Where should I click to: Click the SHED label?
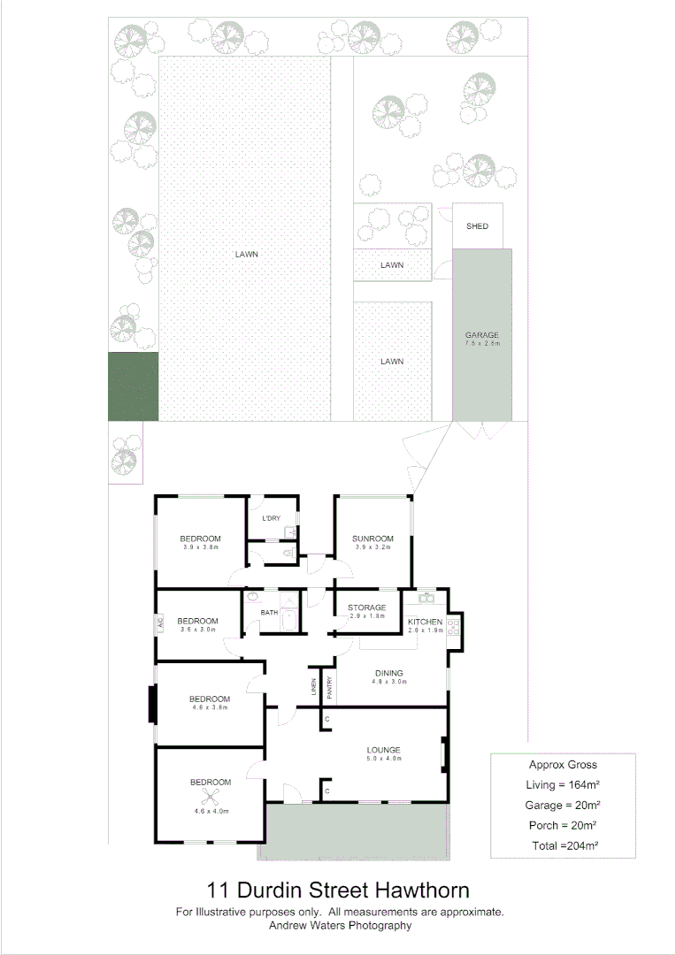coord(477,226)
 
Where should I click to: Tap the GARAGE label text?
coord(482,335)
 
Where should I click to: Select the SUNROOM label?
coord(372,538)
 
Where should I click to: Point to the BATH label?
coord(269,612)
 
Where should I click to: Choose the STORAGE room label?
coord(366,607)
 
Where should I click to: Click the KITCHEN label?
coord(425,623)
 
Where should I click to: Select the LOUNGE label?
coord(384,750)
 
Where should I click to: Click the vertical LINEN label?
coord(313,688)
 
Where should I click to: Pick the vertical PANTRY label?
coord(329,688)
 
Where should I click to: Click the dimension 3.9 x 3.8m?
coord(199,548)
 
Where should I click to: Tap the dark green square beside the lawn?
coord(133,386)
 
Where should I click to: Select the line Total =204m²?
coord(563,846)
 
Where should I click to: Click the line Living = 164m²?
coord(563,784)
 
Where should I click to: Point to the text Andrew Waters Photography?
coord(340,926)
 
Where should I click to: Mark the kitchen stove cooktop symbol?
coord(453,627)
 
